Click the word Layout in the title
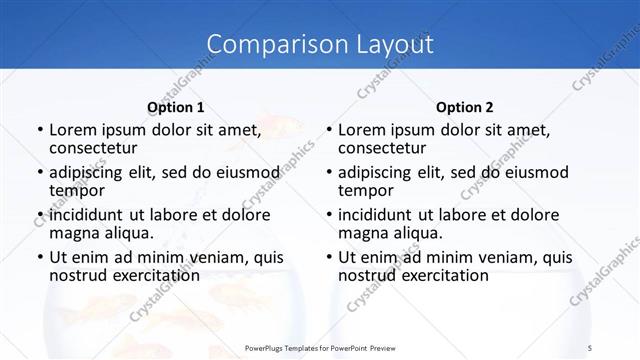click(395, 44)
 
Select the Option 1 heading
click(176, 107)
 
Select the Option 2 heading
click(465, 107)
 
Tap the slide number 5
click(590, 347)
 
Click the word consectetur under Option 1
click(93, 148)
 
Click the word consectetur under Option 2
click(383, 148)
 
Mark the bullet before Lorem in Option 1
click(40, 130)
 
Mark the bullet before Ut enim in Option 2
click(330, 257)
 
